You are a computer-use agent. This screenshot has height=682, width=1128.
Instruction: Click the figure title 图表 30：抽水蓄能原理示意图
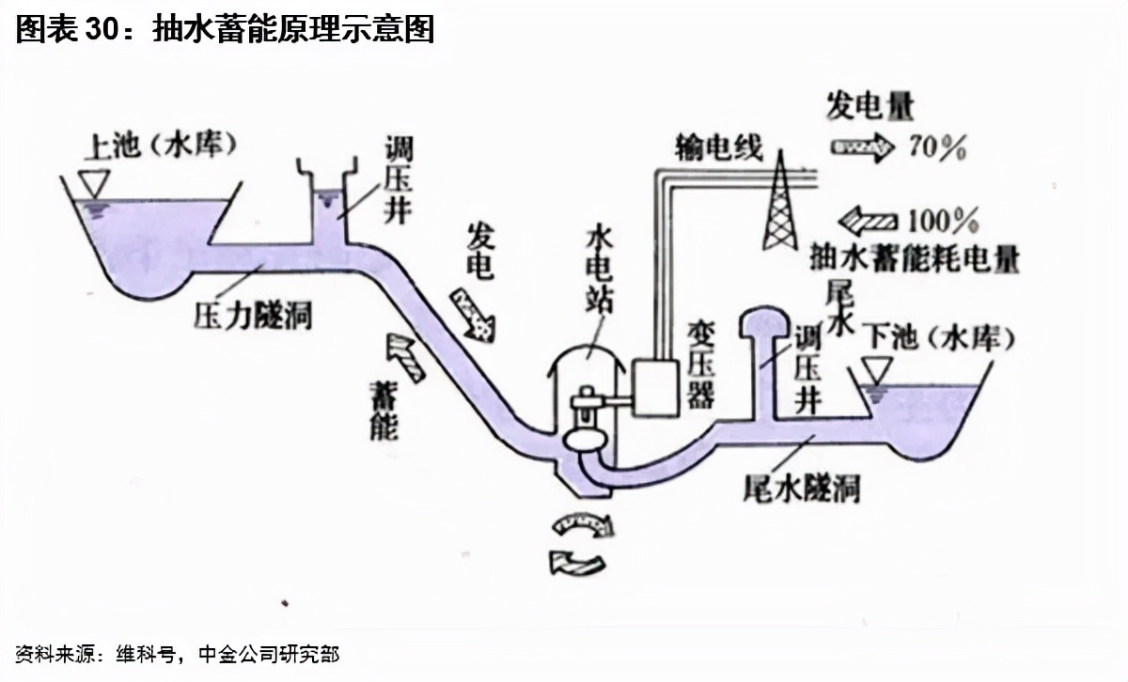[226, 30]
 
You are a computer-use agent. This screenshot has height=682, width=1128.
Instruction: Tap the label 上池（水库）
[160, 146]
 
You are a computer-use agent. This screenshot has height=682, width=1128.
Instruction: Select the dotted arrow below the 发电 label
[473, 315]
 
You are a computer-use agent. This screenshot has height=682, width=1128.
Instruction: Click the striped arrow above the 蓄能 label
[402, 357]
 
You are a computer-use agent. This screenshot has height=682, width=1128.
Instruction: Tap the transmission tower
[780, 202]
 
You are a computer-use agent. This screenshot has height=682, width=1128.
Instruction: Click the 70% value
[937, 147]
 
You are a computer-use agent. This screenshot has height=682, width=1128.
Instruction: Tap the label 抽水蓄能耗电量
[916, 258]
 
